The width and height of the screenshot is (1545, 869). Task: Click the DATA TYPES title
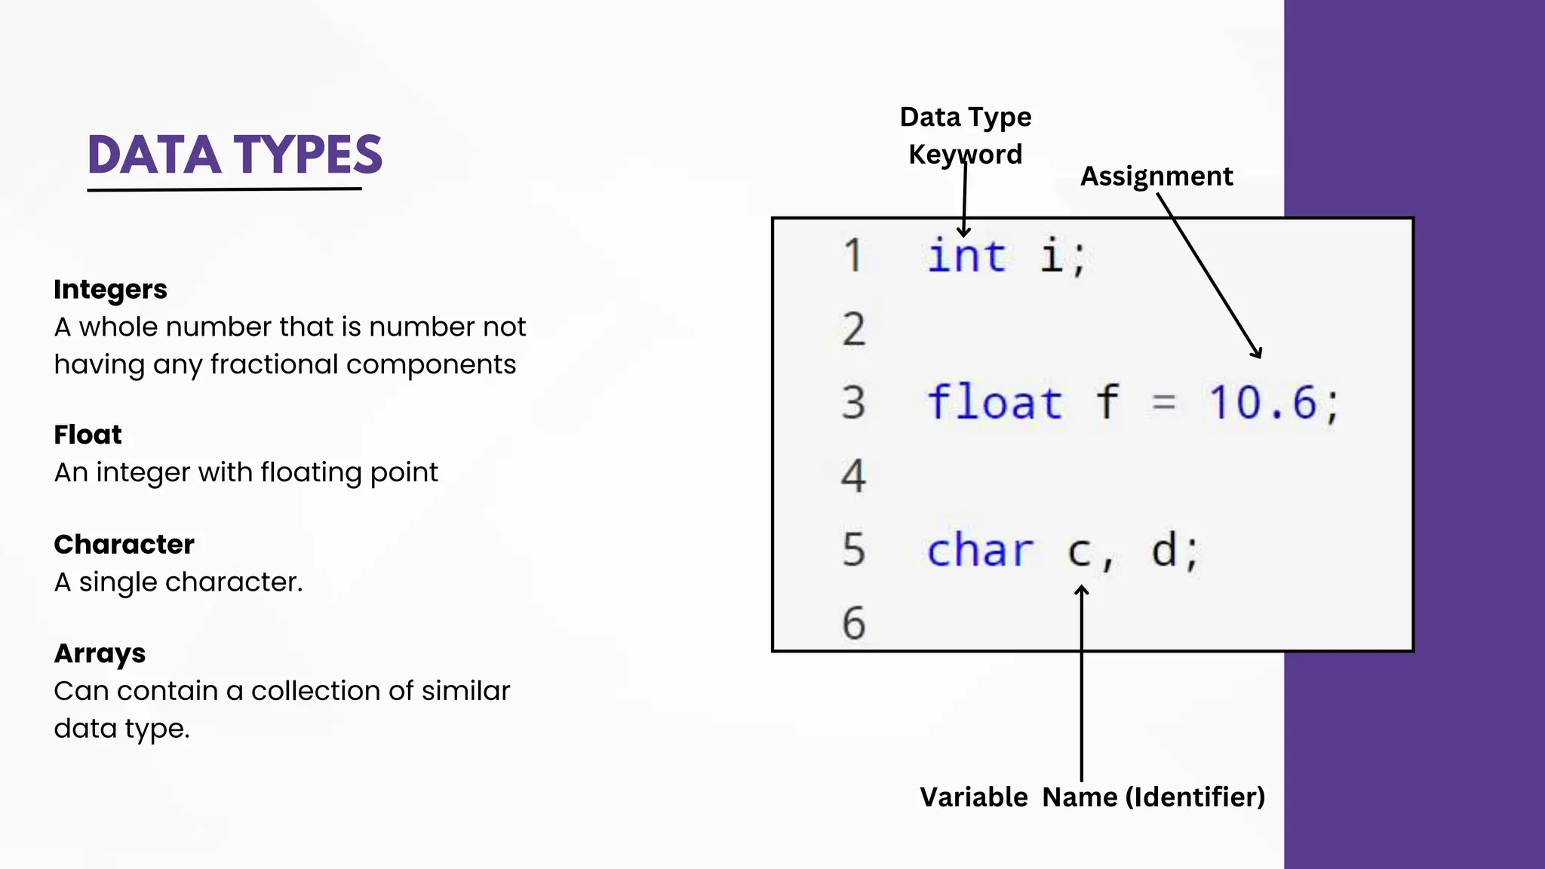(235, 155)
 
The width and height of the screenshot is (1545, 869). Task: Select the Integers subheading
(110, 290)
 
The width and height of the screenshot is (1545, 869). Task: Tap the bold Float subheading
(88, 434)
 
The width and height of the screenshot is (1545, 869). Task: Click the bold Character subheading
(124, 544)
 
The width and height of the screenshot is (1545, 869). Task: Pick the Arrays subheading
(100, 653)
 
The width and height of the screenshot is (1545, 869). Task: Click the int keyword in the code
(966, 256)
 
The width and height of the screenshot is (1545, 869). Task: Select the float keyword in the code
(994, 402)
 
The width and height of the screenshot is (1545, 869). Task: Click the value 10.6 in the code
(1262, 402)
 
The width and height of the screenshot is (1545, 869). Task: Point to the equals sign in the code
(1164, 404)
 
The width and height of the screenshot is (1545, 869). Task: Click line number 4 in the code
(853, 476)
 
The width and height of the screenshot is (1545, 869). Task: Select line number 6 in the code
(853, 623)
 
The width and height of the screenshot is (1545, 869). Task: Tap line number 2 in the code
(853, 330)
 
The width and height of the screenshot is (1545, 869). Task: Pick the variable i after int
(1052, 256)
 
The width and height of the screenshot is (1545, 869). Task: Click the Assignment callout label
(1156, 177)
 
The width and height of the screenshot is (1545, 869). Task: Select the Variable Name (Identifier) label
(1092, 797)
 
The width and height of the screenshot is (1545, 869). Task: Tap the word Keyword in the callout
(965, 155)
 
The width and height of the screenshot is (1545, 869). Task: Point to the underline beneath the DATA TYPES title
(224, 189)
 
